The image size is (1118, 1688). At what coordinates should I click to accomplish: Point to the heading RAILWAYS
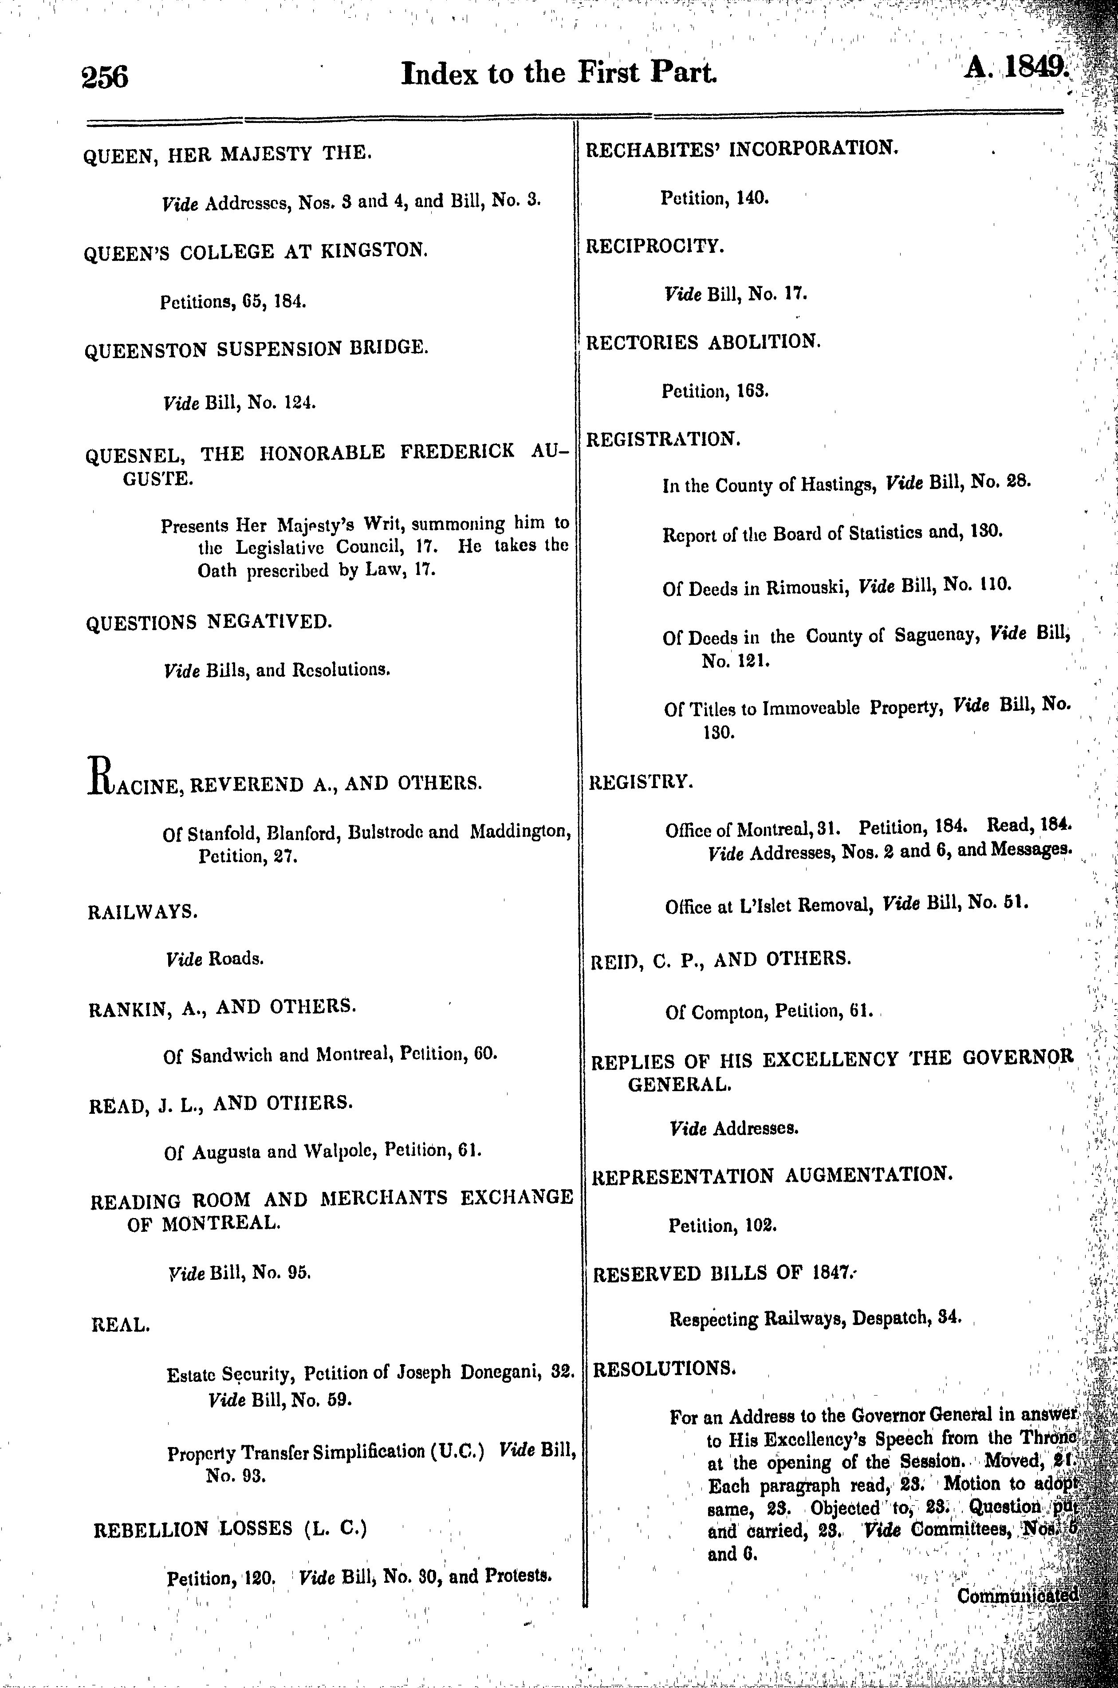pos(142,912)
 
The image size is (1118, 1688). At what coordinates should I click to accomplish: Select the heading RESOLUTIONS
pos(664,1369)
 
